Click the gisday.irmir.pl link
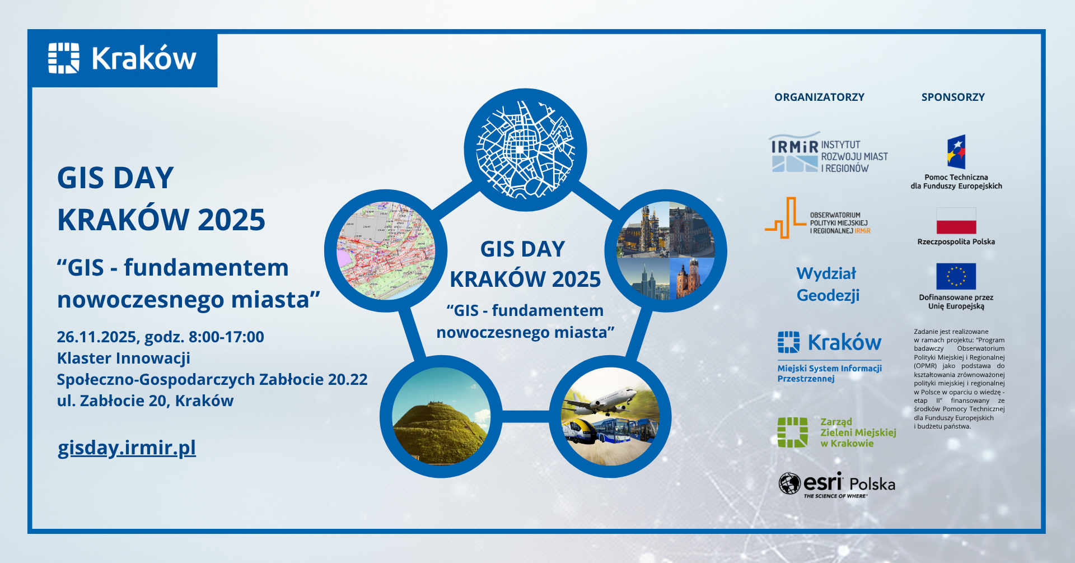[127, 448]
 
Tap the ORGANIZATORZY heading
[819, 97]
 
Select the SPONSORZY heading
[953, 97]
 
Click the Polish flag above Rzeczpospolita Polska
[956, 221]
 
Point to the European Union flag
[956, 276]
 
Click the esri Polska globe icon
[789, 483]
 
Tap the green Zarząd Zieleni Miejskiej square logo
[792, 432]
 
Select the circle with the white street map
[525, 150]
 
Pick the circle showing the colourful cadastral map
[385, 250]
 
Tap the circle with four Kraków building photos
[665, 250]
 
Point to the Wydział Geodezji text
[828, 285]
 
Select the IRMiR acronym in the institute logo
[794, 147]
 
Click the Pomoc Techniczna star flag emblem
[956, 152]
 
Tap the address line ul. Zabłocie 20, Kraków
[145, 401]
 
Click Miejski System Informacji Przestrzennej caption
[829, 373]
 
